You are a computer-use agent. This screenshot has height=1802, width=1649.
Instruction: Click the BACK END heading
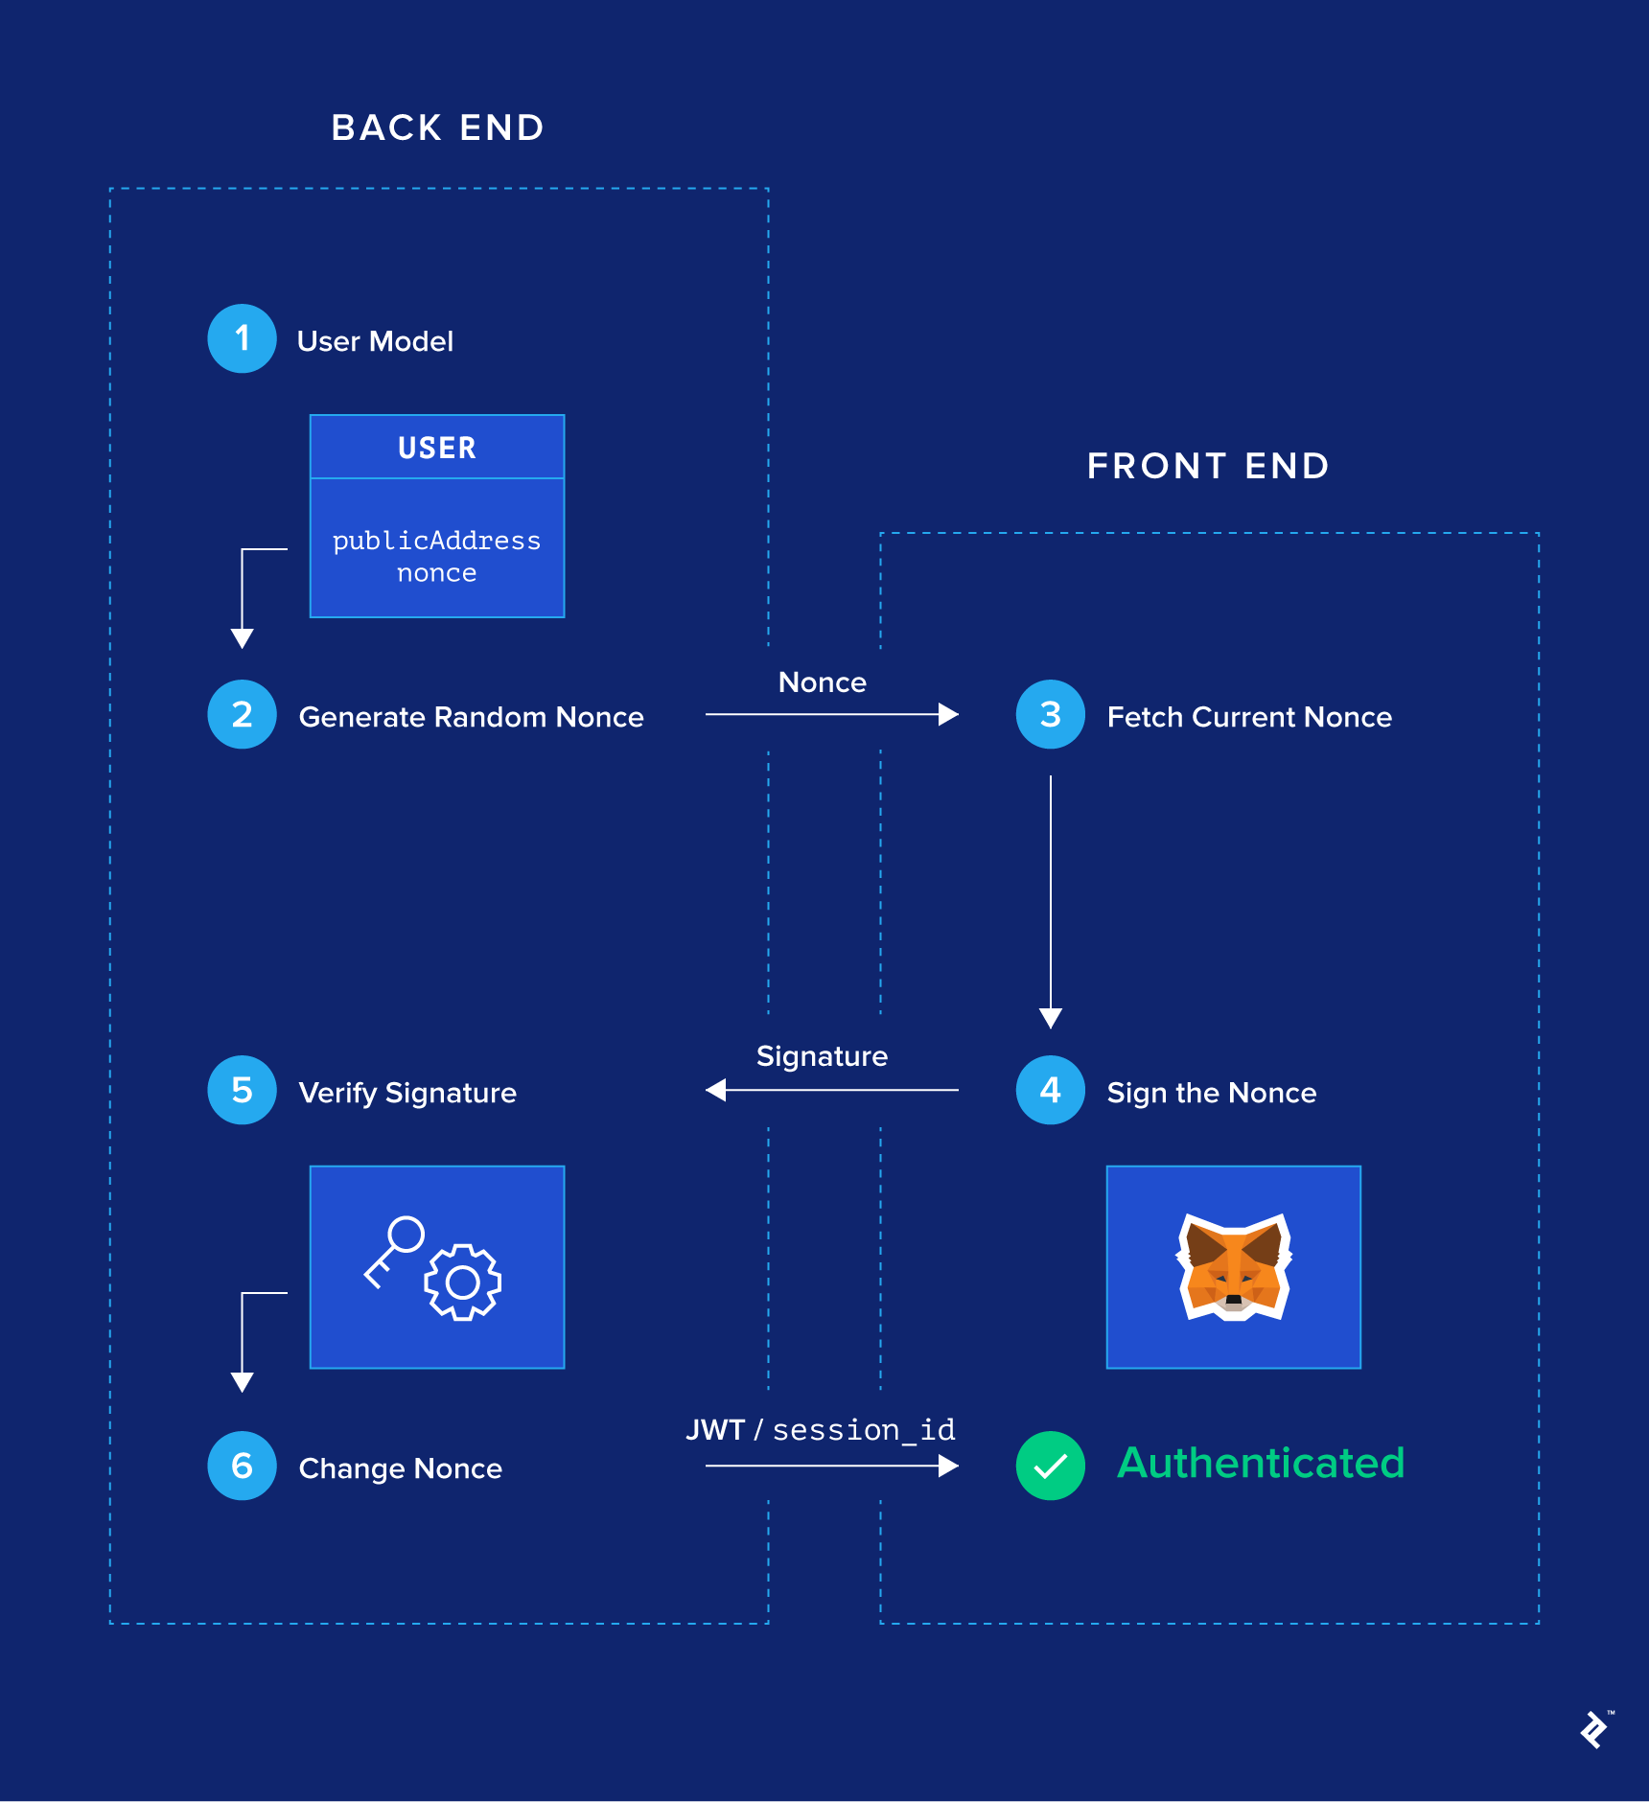tap(438, 127)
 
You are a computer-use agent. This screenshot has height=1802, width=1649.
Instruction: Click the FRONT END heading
tap(1208, 466)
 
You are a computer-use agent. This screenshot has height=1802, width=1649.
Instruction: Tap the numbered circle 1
tap(243, 338)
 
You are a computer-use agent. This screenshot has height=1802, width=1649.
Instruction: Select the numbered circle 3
tap(1051, 714)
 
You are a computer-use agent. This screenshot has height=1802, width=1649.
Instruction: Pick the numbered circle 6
tap(243, 1466)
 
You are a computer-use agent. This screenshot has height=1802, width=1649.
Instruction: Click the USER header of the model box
tap(437, 448)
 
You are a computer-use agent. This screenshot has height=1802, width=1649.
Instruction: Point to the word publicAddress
tap(437, 541)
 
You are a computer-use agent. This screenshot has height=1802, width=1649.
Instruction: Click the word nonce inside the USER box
tap(437, 573)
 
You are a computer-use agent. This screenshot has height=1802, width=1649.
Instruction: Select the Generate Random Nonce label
tap(471, 717)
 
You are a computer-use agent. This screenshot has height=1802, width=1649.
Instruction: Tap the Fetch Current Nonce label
tap(1249, 717)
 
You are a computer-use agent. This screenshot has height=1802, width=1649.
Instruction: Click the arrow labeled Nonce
tap(830, 714)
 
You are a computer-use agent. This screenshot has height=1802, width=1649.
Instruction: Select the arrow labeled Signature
tap(830, 1090)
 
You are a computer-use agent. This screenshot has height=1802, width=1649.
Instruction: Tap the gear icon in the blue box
tap(463, 1282)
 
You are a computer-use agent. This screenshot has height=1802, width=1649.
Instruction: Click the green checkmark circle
tap(1051, 1466)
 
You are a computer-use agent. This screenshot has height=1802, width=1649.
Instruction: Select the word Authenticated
tap(1261, 1464)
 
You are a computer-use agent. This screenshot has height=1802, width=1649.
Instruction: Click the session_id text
tap(864, 1430)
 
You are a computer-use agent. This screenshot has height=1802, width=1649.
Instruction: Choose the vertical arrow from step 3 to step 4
tap(1051, 901)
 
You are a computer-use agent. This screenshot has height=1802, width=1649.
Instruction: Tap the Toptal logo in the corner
tap(1594, 1729)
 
